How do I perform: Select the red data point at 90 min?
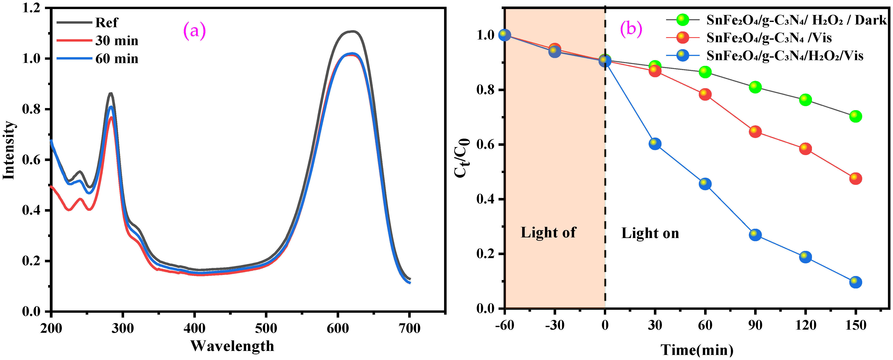point(755,131)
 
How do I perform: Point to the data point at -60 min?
point(504,35)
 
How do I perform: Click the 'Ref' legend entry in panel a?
point(106,23)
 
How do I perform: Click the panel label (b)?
point(631,28)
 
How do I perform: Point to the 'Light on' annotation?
point(650,233)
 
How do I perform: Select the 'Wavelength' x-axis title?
point(232,346)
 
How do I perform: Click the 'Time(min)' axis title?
point(697,350)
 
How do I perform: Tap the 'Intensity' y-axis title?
point(9,150)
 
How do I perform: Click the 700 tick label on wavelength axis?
point(409,328)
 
